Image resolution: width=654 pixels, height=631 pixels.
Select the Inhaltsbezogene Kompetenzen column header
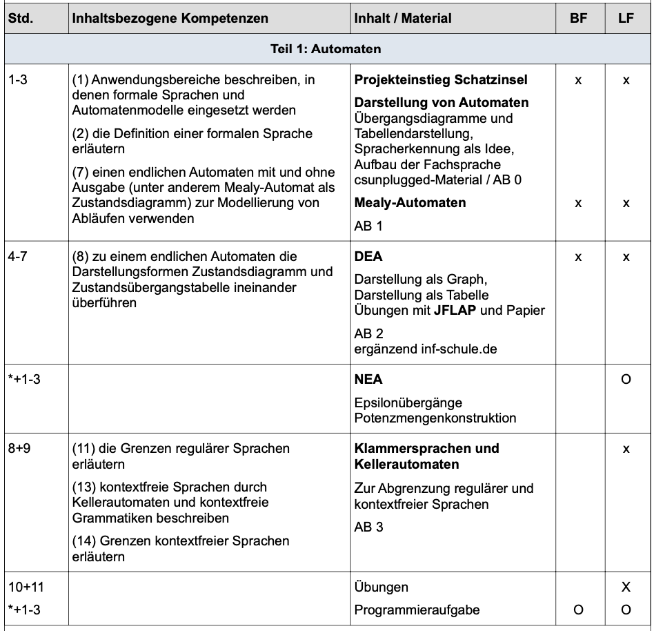[x=170, y=19]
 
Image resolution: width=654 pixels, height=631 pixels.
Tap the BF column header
[x=578, y=19]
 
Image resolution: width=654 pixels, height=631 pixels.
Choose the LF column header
[x=626, y=19]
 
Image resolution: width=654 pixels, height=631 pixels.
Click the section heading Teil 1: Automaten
[x=326, y=50]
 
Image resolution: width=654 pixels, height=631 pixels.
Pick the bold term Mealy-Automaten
[x=410, y=203]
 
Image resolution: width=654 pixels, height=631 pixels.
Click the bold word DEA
[x=368, y=257]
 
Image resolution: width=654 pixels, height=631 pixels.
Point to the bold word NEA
[x=368, y=380]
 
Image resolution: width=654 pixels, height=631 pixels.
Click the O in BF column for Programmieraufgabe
[x=578, y=610]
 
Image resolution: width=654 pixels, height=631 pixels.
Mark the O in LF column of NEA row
[x=626, y=380]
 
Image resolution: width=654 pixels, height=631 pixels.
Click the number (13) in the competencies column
[x=83, y=487]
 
